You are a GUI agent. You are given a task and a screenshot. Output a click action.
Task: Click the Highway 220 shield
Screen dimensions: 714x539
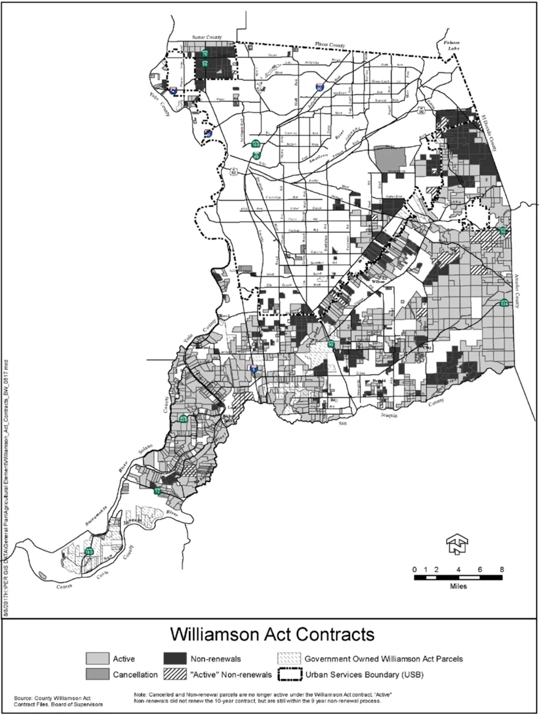click(183, 419)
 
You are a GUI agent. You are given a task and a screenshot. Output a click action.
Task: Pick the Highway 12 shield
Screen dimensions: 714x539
click(157, 491)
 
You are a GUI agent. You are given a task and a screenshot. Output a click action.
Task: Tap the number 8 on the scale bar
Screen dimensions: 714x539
click(502, 569)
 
